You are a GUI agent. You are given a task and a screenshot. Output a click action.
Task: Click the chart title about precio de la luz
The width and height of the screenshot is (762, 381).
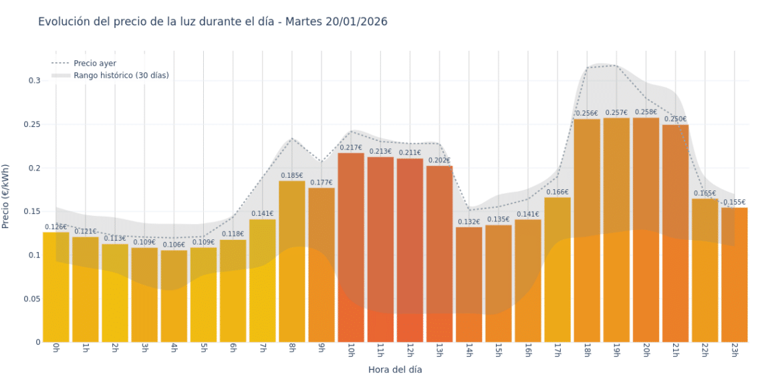click(x=213, y=22)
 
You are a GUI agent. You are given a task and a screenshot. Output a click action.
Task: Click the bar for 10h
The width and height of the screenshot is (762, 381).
click(x=351, y=247)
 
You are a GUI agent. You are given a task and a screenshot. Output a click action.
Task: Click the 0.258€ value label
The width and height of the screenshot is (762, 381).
click(x=646, y=112)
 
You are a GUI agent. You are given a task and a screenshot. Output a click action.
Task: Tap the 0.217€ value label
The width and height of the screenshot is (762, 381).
click(x=351, y=148)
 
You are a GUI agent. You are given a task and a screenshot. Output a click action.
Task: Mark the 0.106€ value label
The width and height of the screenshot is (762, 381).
click(x=174, y=245)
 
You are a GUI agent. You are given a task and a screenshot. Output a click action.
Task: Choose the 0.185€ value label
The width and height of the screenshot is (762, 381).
click(x=291, y=176)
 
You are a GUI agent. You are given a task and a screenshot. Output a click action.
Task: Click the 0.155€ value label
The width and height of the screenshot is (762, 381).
click(x=734, y=203)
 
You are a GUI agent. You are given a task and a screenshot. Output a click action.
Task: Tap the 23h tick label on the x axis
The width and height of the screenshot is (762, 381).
click(x=734, y=350)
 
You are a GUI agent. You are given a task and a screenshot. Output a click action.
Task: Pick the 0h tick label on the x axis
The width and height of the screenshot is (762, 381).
click(x=56, y=348)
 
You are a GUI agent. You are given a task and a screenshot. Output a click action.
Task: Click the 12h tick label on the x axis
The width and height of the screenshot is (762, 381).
click(x=410, y=350)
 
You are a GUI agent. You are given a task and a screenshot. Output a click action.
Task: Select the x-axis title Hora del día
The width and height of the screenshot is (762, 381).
click(x=395, y=370)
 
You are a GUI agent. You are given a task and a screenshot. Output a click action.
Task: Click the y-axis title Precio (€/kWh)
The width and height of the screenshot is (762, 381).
click(x=6, y=197)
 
